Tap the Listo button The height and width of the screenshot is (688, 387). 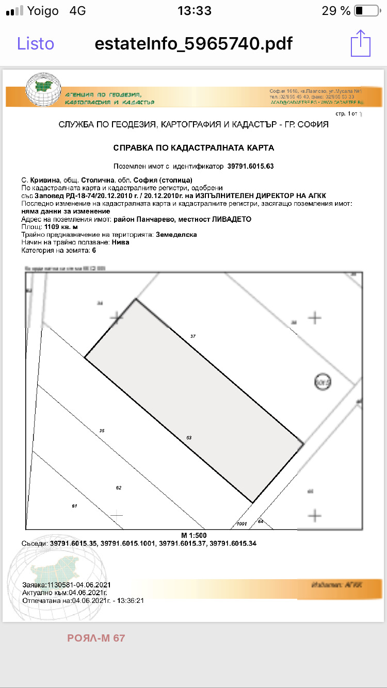(36, 43)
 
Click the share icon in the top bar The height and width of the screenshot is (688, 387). (361, 43)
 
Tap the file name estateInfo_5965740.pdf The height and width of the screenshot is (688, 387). (193, 43)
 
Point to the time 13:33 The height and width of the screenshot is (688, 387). (194, 11)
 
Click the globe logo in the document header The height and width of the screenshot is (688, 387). (43, 89)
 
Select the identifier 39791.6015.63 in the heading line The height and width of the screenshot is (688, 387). (250, 167)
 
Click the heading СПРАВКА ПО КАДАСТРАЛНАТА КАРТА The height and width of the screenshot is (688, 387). (193, 148)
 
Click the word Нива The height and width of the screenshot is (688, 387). (121, 242)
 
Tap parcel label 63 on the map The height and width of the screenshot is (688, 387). (189, 438)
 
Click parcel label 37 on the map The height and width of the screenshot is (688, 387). (193, 336)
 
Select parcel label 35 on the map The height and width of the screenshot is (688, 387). (102, 430)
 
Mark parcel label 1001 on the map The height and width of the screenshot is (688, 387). (241, 524)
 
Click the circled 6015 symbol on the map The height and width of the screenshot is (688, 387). (322, 382)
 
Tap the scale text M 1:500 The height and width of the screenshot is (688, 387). (194, 535)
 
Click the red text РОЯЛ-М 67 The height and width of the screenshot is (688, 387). (96, 638)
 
